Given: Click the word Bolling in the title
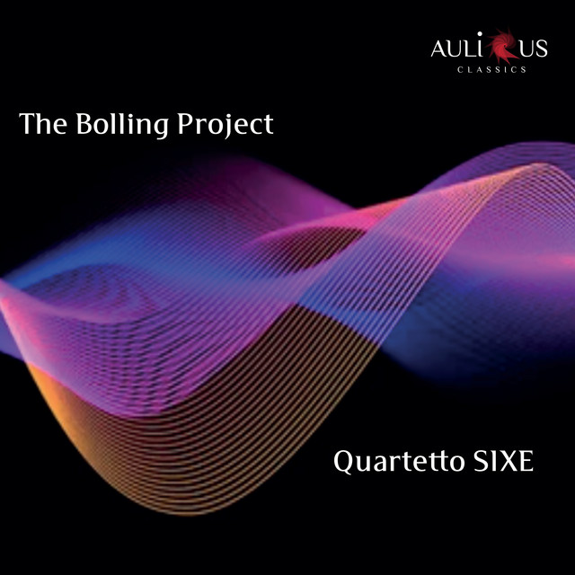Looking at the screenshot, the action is pos(122,125).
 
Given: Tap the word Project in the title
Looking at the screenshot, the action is pos(226,125).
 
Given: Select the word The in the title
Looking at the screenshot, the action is pos(43,123).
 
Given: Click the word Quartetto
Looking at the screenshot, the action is pos(399,461).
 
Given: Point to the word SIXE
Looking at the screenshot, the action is pos(504,461).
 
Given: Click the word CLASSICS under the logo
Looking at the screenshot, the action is pos(491,69).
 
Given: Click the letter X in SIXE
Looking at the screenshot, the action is pos(507,461).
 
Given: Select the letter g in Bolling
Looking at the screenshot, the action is pos(160,129).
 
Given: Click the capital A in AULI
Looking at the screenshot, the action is pos(439,49).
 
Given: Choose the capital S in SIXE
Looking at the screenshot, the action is pos(481,461).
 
